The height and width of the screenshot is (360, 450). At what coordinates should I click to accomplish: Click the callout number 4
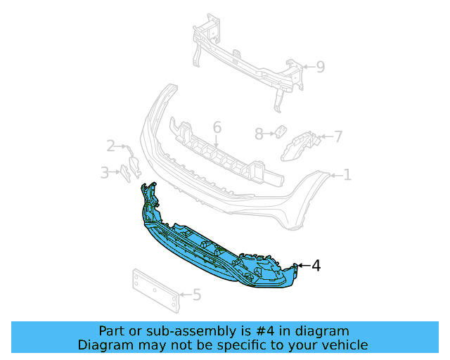tap(316, 266)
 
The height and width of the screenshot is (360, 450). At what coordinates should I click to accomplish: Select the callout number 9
tap(321, 67)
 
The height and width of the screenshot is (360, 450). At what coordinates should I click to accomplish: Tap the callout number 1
tap(347, 175)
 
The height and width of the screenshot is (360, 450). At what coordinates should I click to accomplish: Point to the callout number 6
tap(217, 127)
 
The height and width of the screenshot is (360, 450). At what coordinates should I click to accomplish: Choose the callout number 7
tap(338, 136)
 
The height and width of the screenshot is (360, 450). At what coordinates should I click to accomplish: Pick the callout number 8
tap(259, 134)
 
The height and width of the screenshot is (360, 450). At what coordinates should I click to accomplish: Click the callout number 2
tap(111, 146)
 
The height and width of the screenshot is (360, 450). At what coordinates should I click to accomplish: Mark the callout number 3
tap(105, 173)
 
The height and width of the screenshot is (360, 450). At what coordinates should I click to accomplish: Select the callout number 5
tap(197, 295)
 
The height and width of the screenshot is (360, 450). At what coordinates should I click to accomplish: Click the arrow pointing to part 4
tap(304, 266)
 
